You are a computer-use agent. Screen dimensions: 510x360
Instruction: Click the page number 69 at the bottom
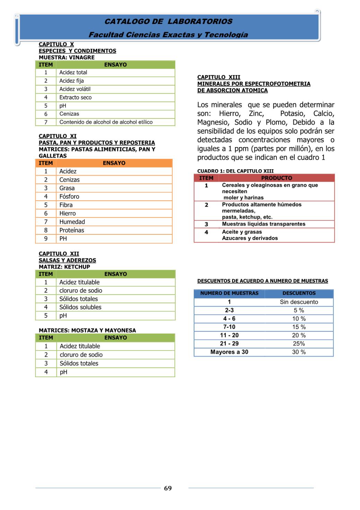168,488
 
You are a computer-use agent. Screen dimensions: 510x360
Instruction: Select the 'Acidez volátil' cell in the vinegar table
75,89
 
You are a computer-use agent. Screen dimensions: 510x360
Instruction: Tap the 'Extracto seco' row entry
76,97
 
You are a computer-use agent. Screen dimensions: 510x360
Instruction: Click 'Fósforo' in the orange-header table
69,197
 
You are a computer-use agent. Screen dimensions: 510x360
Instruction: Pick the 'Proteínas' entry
72,230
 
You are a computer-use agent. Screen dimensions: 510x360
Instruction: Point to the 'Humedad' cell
72,222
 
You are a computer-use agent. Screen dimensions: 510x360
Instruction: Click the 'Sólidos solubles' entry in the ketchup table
80,307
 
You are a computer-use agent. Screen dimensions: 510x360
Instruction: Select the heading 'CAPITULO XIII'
219,77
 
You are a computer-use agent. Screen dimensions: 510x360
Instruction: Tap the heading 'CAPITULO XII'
59,254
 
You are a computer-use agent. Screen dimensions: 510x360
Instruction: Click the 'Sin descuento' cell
299,302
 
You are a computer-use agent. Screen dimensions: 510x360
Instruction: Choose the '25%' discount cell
299,344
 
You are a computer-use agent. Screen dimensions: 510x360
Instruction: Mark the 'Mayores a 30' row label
229,352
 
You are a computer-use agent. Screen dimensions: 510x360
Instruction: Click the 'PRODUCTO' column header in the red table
276,178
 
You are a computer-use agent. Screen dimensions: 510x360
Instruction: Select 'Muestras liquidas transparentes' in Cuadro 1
264,224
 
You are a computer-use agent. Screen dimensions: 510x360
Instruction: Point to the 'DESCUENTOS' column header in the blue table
299,293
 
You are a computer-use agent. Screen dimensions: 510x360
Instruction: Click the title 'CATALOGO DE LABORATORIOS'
168,21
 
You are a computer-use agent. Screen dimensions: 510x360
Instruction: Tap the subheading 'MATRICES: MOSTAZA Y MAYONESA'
87,330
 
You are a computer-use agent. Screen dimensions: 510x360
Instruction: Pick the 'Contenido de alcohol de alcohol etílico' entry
106,122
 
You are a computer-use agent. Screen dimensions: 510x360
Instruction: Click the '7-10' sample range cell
229,327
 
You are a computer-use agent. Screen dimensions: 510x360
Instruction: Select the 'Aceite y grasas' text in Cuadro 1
242,232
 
